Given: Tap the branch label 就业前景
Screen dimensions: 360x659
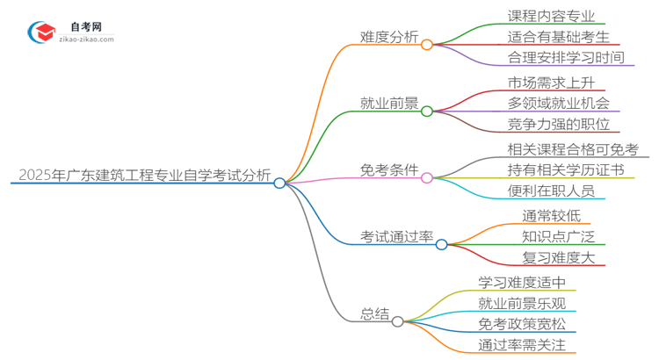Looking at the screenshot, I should pos(390,104).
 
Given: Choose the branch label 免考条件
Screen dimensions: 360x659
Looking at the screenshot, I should pos(390,169).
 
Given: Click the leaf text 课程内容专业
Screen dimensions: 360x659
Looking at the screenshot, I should pos(552,15).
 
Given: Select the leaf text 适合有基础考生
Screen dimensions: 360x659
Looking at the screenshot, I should pos(559,36).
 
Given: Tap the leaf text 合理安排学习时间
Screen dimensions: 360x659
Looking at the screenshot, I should pos(566,58).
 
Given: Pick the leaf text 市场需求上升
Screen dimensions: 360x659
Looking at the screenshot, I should pos(552,83).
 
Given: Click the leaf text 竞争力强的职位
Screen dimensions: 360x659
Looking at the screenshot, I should pos(559,125).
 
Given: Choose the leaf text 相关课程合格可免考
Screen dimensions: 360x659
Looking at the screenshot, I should pos(573,148).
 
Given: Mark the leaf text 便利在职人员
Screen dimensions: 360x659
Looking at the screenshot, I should pos(552,191).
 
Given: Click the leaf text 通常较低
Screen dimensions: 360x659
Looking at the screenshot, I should pos(551,215).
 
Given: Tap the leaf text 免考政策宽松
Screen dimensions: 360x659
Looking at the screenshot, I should pos(522,324).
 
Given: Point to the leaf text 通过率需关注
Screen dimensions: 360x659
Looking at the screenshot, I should pos(522,345).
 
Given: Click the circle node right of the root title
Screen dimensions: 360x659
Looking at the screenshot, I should pos(279,183).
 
